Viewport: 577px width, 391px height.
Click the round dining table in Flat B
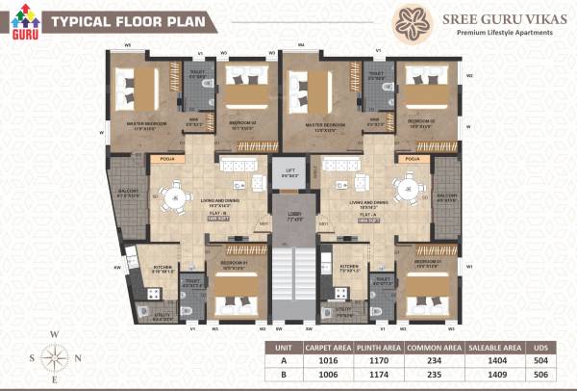pyautogui.click(x=175, y=197)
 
